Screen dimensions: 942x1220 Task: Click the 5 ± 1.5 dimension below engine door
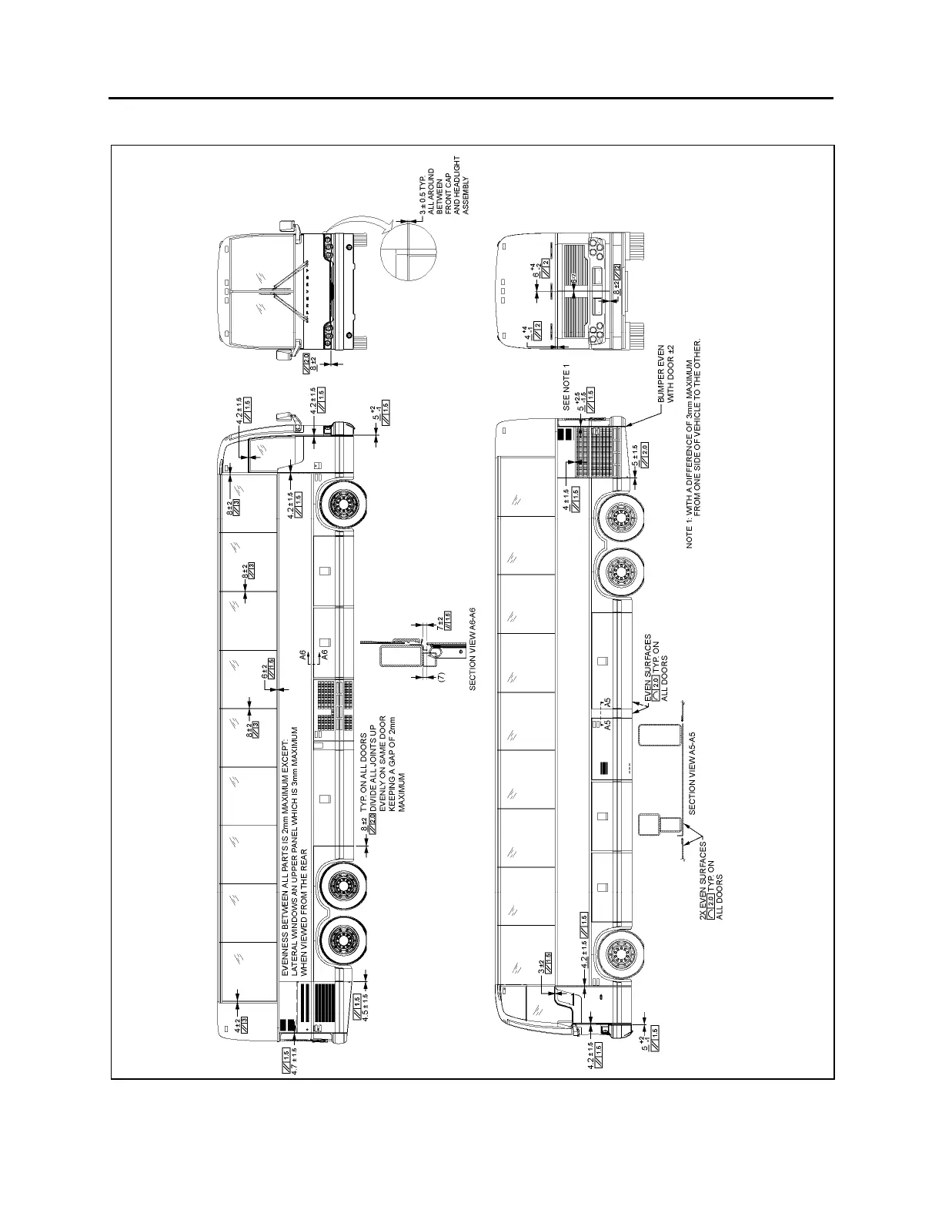tap(634, 455)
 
